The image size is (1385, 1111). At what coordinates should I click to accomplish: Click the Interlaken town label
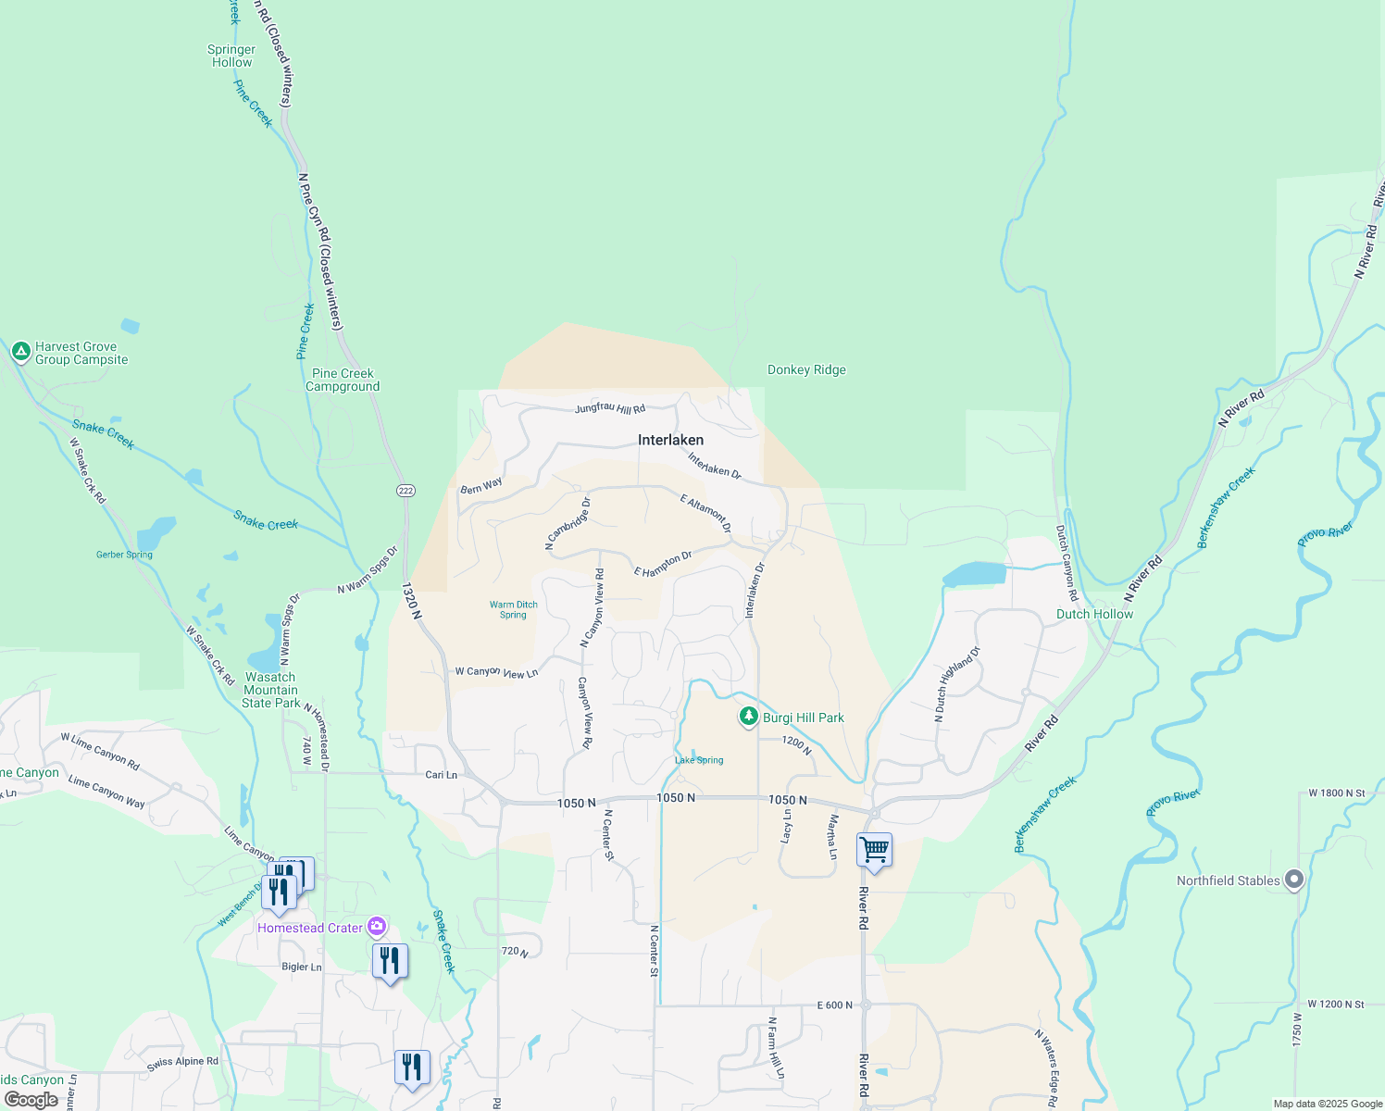pyautogui.click(x=670, y=440)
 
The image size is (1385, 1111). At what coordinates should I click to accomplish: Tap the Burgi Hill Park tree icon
pyautogui.click(x=749, y=717)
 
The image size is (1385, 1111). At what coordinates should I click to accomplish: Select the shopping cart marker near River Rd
pyautogui.click(x=874, y=849)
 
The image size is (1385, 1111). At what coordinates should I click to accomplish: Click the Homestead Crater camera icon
pyautogui.click(x=377, y=926)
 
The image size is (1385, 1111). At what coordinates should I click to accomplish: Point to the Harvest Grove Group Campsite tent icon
pyautogui.click(x=20, y=352)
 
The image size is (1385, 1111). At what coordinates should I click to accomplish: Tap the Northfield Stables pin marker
pyautogui.click(x=1294, y=880)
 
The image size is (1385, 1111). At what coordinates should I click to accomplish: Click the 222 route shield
pyautogui.click(x=406, y=490)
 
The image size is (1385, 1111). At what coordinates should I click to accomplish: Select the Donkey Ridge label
pyautogui.click(x=806, y=369)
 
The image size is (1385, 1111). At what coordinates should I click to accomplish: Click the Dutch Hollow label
pyautogui.click(x=1094, y=614)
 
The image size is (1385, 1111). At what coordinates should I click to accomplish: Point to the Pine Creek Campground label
pyautogui.click(x=343, y=380)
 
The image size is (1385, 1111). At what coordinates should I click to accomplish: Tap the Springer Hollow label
pyautogui.click(x=231, y=56)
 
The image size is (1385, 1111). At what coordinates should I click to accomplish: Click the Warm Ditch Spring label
pyautogui.click(x=513, y=609)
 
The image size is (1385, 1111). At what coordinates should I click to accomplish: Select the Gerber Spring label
pyautogui.click(x=124, y=555)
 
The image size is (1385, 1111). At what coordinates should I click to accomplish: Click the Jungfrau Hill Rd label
pyautogui.click(x=609, y=407)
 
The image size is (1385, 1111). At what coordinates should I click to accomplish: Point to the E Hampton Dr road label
pyautogui.click(x=663, y=564)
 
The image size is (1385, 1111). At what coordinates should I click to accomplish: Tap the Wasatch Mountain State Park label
pyautogui.click(x=270, y=690)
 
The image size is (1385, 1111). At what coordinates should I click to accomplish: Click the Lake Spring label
pyautogui.click(x=699, y=760)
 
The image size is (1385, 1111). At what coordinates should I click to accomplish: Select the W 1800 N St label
pyautogui.click(x=1336, y=793)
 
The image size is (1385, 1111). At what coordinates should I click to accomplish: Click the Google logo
pyautogui.click(x=31, y=1100)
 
